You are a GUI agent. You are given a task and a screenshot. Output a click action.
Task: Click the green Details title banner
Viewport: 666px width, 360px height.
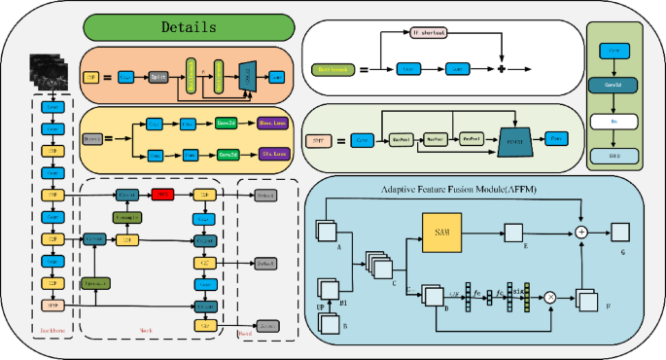click(x=190, y=26)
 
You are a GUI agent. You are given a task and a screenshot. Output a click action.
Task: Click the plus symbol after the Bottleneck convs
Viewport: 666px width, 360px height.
click(x=502, y=70)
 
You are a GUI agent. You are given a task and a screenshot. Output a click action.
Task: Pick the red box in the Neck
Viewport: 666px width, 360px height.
click(x=161, y=195)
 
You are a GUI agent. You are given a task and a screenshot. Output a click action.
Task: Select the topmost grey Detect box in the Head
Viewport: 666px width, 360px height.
click(x=266, y=195)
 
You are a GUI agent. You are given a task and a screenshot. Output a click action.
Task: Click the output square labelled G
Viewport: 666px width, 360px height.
click(x=619, y=231)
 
